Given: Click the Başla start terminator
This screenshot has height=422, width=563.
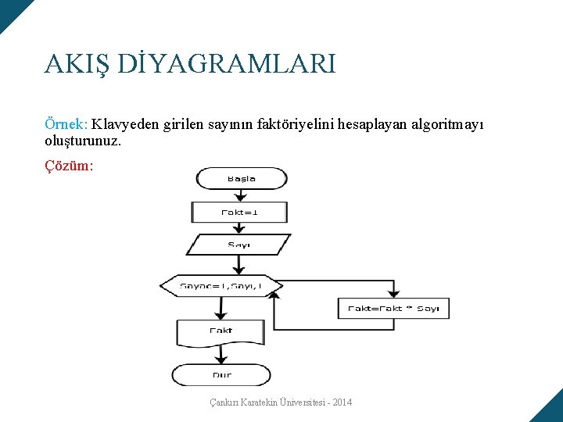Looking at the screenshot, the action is (242, 179).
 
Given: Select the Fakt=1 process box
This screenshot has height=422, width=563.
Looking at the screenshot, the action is (239, 212).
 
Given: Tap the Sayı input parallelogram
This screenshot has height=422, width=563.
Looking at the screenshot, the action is (239, 245).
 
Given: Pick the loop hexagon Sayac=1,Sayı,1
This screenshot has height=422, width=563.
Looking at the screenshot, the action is (221, 286).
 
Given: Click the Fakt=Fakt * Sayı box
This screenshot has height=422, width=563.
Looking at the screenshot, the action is (393, 308).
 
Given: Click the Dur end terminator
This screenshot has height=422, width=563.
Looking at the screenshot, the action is (221, 375).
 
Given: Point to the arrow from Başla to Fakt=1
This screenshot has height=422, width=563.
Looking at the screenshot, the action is (240, 195).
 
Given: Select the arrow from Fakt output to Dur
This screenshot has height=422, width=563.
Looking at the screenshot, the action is (221, 356).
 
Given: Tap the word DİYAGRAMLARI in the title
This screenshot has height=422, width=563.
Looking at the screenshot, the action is (227, 63).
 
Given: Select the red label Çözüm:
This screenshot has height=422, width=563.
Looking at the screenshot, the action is (70, 165).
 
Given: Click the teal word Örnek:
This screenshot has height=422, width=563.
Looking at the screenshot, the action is (66, 124).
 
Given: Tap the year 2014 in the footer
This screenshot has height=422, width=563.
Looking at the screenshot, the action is (341, 402).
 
